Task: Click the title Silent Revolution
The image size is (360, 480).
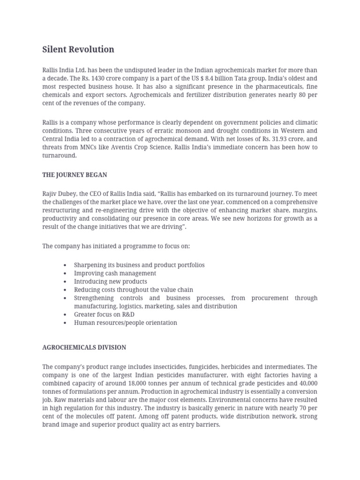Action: coord(78,49)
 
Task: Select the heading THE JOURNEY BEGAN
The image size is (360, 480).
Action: coord(75,175)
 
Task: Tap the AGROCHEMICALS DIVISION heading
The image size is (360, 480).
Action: coord(84,347)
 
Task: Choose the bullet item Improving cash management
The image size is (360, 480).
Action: coord(115,273)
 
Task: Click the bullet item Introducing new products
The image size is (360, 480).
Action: coord(110,282)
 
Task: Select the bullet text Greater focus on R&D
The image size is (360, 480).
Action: coord(104,315)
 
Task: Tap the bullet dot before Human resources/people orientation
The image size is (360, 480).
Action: coord(64,323)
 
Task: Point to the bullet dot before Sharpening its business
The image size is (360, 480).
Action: coord(64,265)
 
